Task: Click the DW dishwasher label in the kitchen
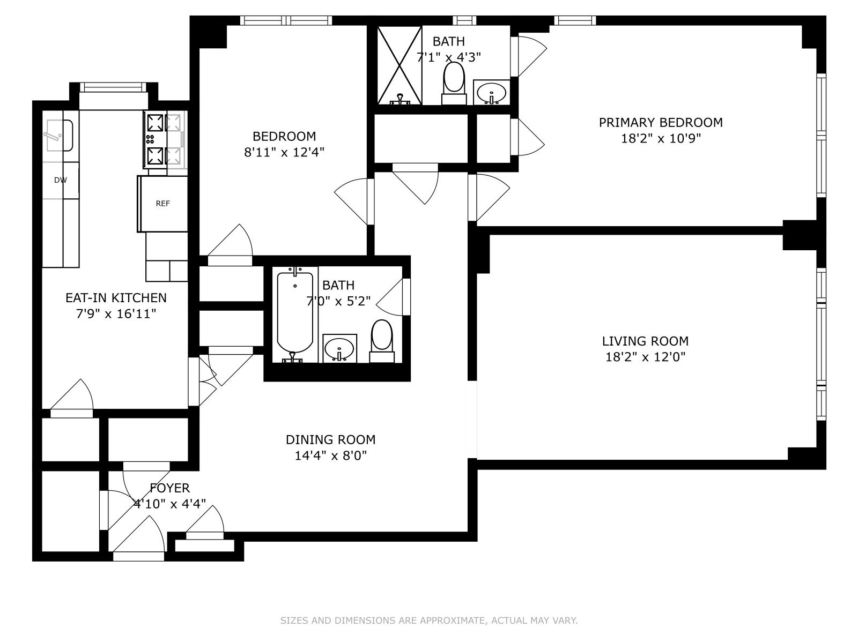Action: click(61, 180)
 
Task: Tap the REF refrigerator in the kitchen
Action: click(163, 204)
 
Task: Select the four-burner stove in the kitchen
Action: click(164, 139)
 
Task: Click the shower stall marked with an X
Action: click(399, 65)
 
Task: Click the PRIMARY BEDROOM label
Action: click(661, 123)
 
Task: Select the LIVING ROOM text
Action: click(645, 341)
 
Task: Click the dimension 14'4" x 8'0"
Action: click(330, 456)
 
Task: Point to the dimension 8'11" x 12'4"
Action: click(284, 152)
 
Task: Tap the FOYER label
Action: click(169, 488)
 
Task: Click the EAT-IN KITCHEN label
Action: click(116, 298)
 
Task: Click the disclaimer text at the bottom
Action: click(429, 620)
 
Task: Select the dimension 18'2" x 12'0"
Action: click(645, 357)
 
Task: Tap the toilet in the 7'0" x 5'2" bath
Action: click(382, 339)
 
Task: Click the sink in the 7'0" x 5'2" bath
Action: click(339, 348)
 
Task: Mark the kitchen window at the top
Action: click(113, 87)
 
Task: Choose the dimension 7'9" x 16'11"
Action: click(116, 314)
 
